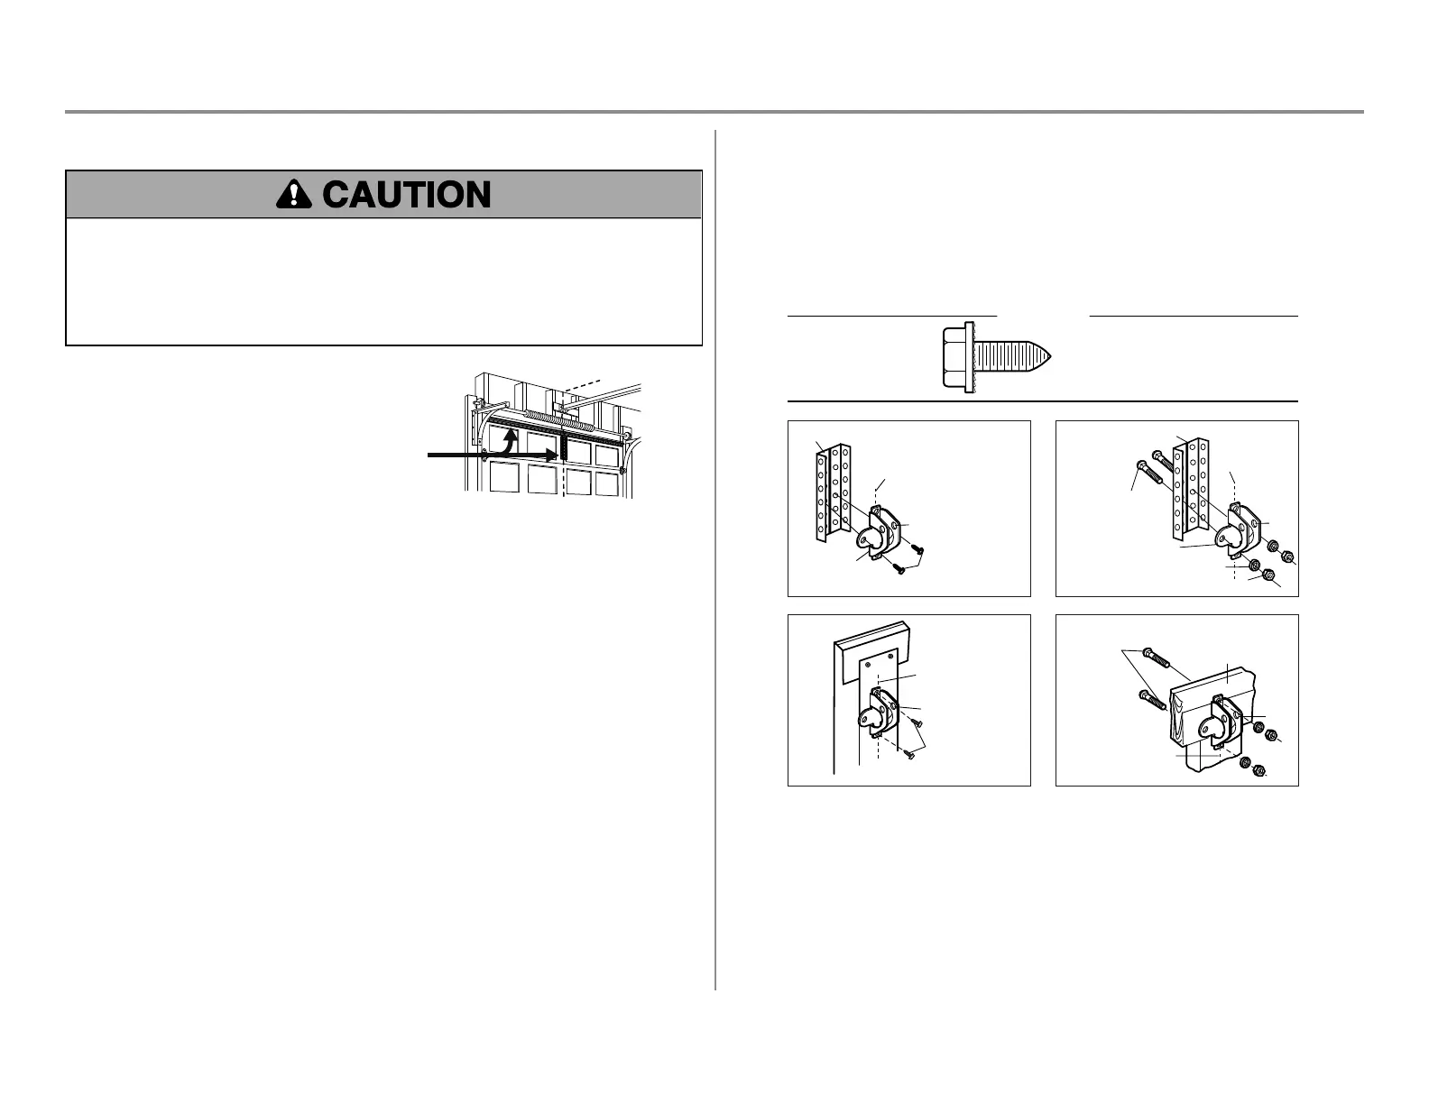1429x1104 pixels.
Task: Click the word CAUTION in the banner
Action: (x=407, y=195)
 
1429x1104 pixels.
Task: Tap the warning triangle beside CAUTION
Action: (x=295, y=194)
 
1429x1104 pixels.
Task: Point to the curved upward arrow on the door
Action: (x=507, y=441)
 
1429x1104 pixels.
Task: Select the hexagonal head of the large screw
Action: (x=955, y=358)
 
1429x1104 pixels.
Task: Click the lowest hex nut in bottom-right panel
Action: (x=1260, y=771)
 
